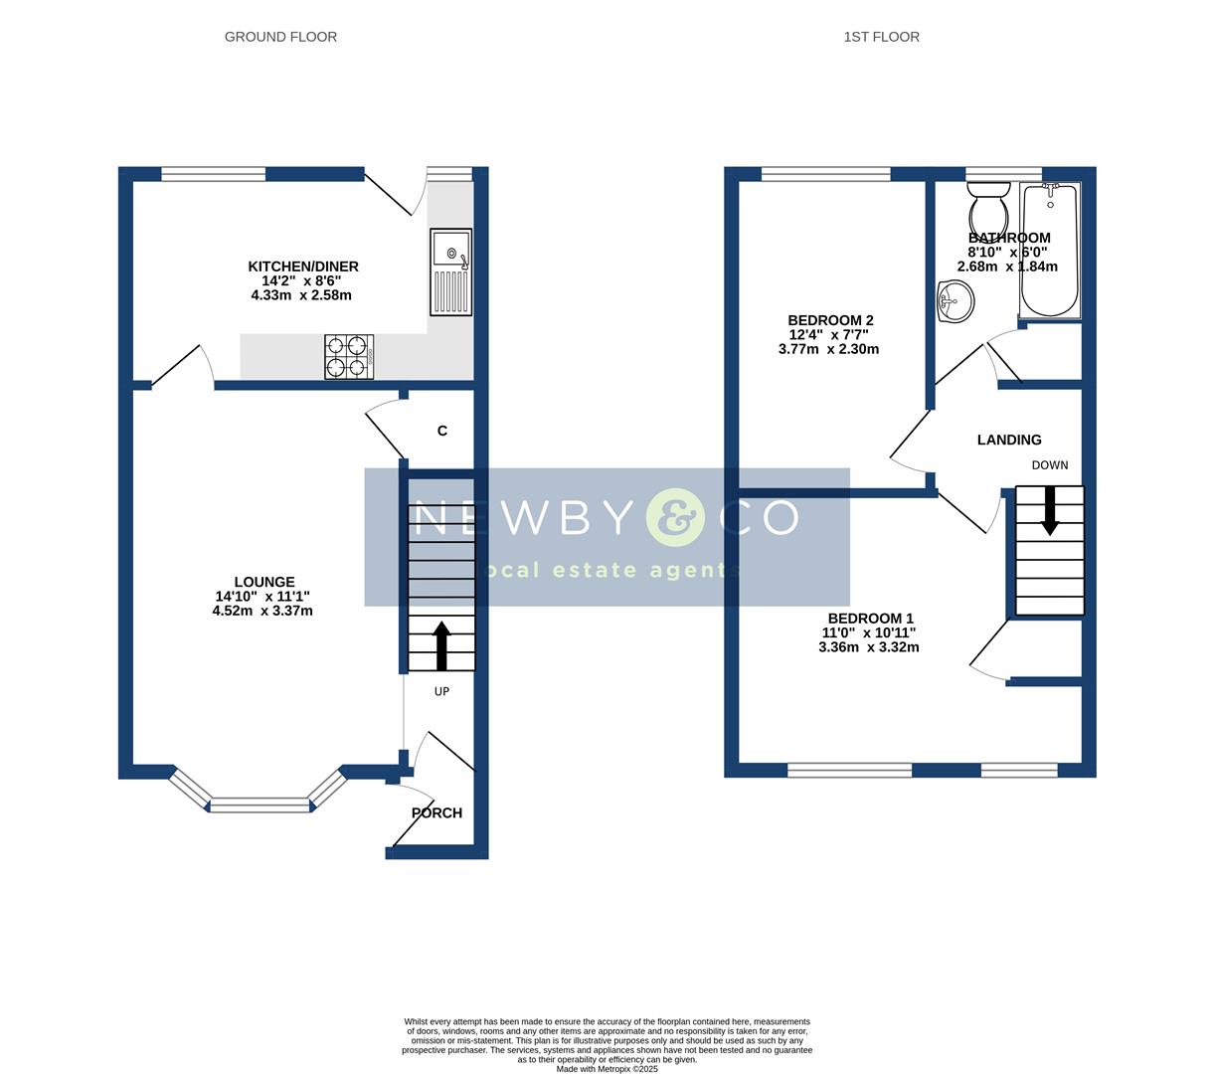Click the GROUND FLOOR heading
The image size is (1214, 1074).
click(x=280, y=37)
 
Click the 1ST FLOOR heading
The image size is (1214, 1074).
click(x=881, y=37)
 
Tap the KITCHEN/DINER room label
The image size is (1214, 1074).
click(x=302, y=267)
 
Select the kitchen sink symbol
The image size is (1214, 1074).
click(x=451, y=271)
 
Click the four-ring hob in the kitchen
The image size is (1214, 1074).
click(x=349, y=356)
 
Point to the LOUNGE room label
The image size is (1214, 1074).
click(x=263, y=582)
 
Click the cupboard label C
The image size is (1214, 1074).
click(x=442, y=431)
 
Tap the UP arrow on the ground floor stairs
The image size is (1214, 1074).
click(x=441, y=644)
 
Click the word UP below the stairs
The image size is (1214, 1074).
click(x=441, y=691)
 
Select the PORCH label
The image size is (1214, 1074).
click(x=436, y=812)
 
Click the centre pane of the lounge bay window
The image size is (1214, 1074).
click(x=260, y=805)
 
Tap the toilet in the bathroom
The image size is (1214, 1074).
click(x=988, y=207)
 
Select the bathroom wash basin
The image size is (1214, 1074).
click(x=954, y=300)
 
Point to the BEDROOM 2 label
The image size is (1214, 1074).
click(x=830, y=320)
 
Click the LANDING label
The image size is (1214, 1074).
click(x=1009, y=440)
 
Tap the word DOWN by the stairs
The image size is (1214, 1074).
click(x=1050, y=465)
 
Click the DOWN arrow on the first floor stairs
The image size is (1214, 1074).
click(x=1049, y=511)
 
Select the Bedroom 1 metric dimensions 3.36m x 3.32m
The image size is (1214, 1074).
click(x=868, y=647)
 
